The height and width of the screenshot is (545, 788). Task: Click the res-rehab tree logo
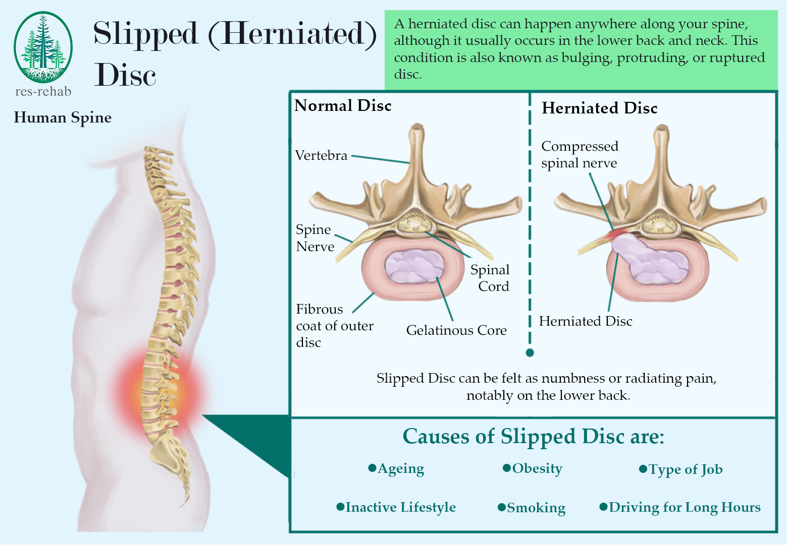tap(43, 48)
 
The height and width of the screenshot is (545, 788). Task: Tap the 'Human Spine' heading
tap(63, 117)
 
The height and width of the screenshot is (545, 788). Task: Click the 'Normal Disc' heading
tap(343, 105)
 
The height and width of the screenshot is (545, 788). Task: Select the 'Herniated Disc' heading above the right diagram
tap(599, 108)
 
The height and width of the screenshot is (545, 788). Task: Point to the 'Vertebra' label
tap(321, 155)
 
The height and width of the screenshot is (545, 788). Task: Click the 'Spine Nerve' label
tap(314, 238)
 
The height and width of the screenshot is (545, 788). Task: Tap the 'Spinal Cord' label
tap(490, 278)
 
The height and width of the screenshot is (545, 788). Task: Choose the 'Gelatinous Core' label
tap(456, 330)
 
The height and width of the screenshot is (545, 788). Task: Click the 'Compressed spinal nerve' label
tap(580, 154)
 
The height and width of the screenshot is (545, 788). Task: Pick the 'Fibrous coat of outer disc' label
tap(334, 326)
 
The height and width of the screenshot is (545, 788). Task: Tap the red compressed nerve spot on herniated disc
tap(616, 233)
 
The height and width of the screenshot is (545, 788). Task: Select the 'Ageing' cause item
tap(400, 469)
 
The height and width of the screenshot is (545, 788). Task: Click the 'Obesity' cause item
tap(537, 468)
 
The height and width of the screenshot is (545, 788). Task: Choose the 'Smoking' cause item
tap(536, 508)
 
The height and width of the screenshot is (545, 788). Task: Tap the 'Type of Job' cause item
tap(685, 469)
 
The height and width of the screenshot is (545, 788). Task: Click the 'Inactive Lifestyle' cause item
tap(400, 507)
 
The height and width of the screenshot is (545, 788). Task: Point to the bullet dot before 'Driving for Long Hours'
tap(603, 507)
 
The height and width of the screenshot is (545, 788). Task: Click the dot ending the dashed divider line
tap(530, 352)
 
